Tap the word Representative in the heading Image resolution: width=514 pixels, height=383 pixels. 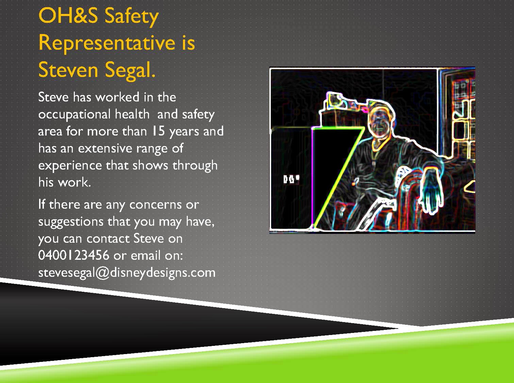[107, 43]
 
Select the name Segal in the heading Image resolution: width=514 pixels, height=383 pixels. [130, 70]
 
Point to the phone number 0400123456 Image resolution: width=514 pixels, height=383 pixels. [73, 255]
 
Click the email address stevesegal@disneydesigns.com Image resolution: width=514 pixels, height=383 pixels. [127, 273]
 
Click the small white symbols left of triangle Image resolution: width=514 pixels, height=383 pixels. [291, 179]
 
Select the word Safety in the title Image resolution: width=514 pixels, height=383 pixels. [132, 17]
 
